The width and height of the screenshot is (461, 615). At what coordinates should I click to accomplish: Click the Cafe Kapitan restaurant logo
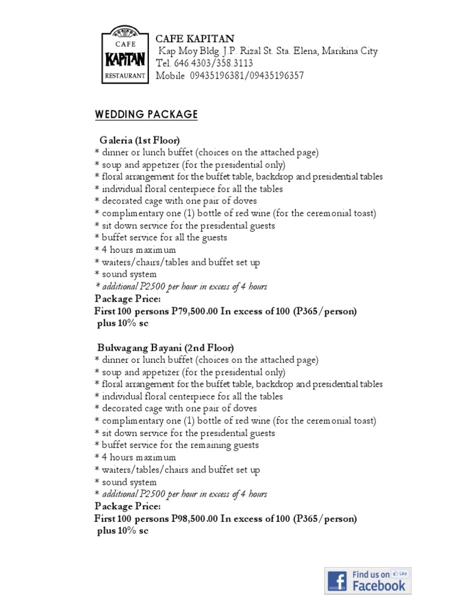tap(125, 56)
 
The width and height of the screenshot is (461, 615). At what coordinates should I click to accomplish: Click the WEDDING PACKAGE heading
tap(146, 115)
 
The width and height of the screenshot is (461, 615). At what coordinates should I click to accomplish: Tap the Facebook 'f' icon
tap(337, 581)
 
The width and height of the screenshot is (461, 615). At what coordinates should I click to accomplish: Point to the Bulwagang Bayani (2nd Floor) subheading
tap(166, 348)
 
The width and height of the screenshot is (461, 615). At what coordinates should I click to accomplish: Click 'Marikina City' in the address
tap(349, 51)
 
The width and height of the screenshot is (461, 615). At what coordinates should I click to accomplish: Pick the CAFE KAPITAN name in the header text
tap(187, 39)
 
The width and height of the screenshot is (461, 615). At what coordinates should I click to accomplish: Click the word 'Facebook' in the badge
tap(378, 585)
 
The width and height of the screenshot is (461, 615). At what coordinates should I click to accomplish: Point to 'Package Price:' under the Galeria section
tap(128, 299)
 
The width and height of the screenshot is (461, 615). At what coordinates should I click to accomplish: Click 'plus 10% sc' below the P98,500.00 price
tap(122, 531)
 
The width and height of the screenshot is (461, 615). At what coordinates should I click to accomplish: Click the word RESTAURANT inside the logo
tap(125, 76)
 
